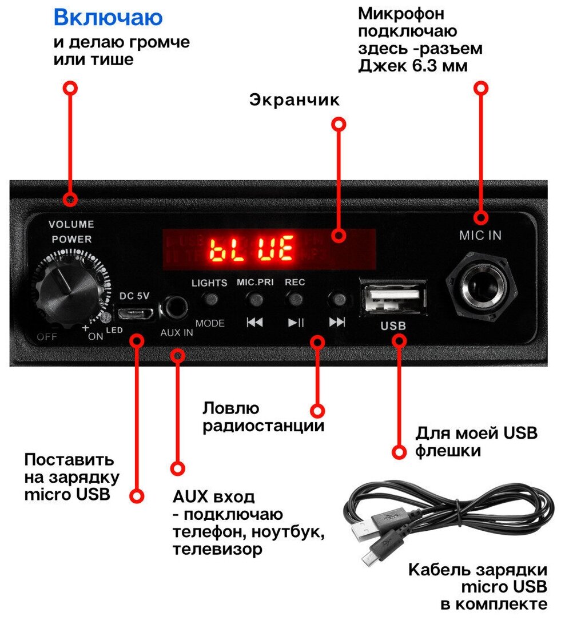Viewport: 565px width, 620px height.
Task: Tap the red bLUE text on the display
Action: coord(251,249)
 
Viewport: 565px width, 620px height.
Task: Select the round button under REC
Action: coord(295,298)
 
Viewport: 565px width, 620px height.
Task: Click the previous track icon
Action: coord(254,322)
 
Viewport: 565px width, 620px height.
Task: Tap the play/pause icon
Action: coord(296,322)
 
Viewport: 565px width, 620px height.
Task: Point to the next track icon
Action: coord(337,321)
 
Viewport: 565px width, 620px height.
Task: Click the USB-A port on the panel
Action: coord(393,297)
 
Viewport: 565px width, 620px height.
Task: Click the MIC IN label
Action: coord(480,235)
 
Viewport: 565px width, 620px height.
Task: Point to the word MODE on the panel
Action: coord(210,323)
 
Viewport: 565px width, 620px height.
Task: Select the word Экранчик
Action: coord(295,100)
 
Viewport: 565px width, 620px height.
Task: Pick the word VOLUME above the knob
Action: coord(71,224)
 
